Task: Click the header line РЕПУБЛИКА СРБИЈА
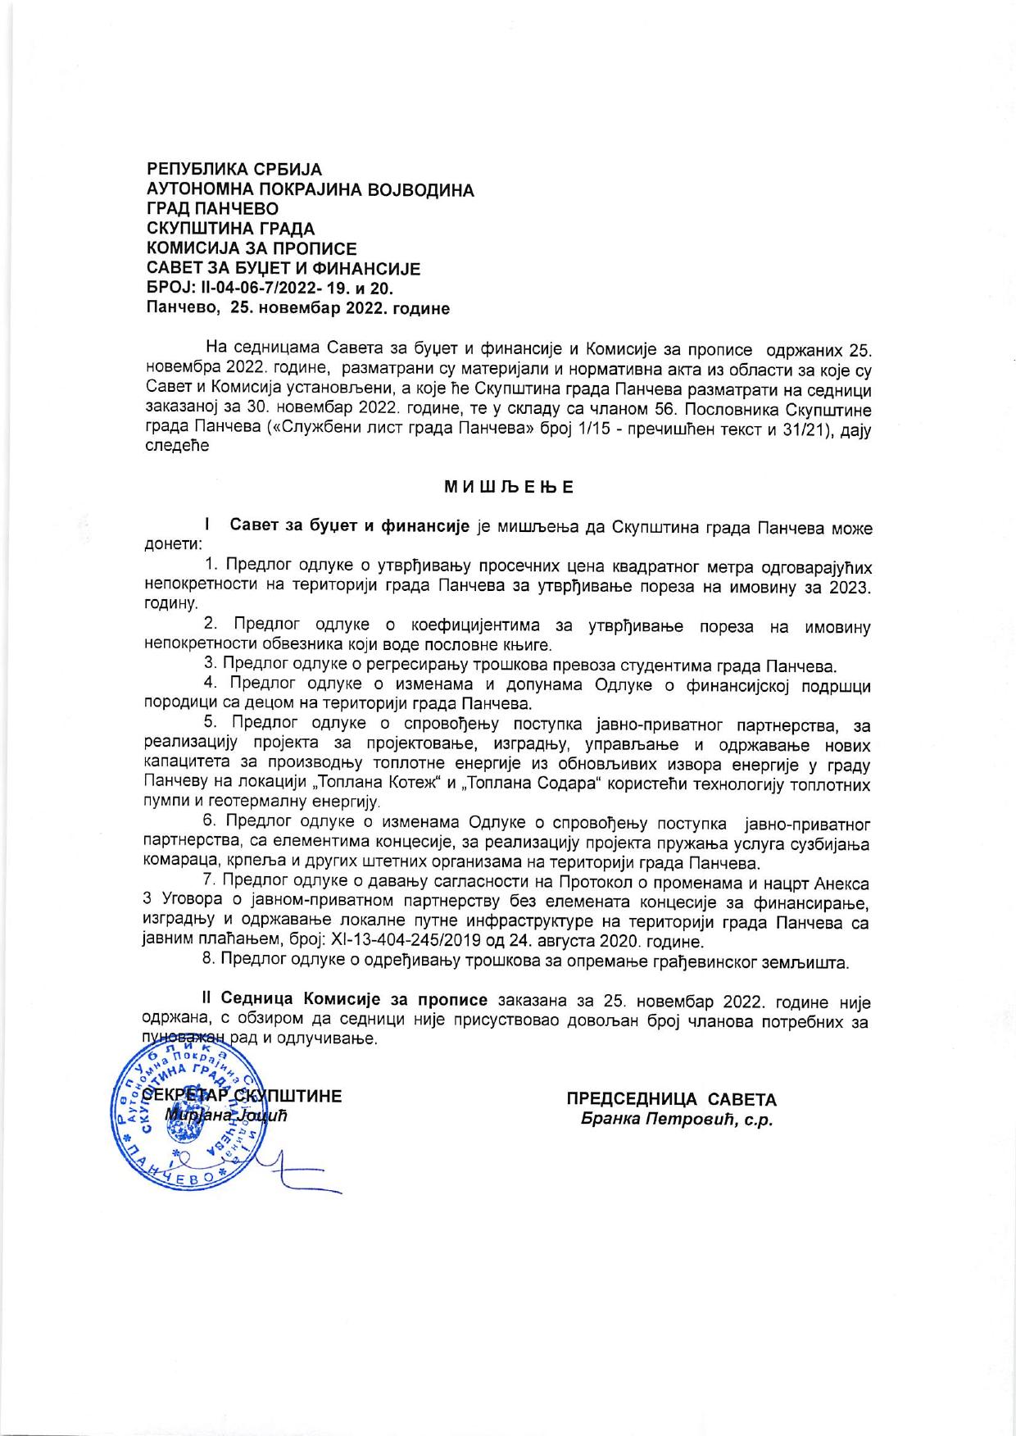pos(234,170)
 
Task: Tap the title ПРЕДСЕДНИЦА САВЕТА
pos(671,1098)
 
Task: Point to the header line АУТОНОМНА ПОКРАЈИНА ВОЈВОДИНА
pos(310,189)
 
